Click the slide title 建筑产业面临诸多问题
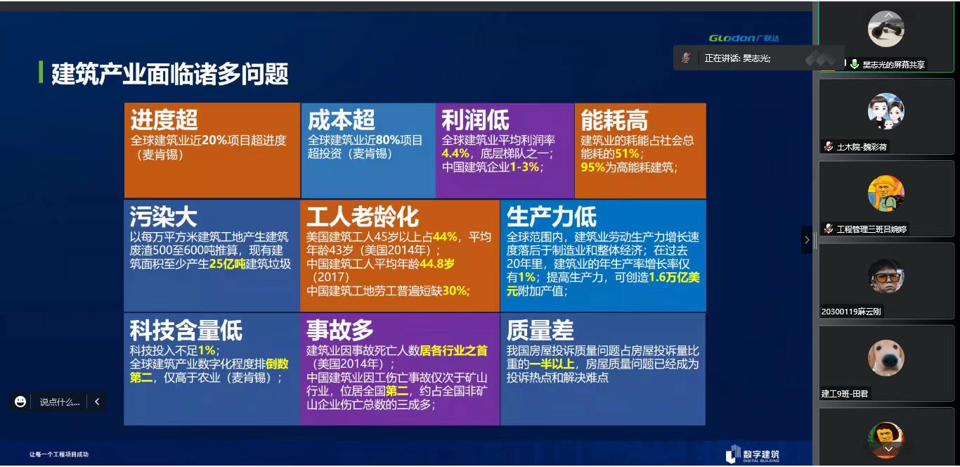pos(169,74)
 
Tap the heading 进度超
pos(164,120)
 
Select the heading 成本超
pos(341,120)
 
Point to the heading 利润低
pos(475,120)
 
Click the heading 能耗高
pos(614,120)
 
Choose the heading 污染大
pos(163,217)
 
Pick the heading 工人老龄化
pos(363,217)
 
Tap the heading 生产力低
pos(551,217)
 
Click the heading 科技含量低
pos(186,330)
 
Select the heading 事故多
pos(340,330)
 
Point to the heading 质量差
pos(540,330)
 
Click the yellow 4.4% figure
pos(455,153)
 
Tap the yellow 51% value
pos(627,153)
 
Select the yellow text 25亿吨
pos(227,264)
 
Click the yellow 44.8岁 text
pos(436,264)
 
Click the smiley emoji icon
pos(20,402)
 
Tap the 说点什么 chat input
pos(60,402)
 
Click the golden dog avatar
pos(886,358)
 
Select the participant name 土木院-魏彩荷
pos(862,147)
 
